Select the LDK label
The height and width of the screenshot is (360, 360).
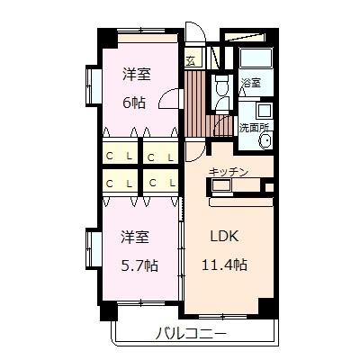click(225, 238)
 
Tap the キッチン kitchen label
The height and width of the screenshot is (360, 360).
click(229, 171)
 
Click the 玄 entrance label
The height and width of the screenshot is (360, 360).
click(192, 61)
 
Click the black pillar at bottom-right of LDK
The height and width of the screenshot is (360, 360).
click(266, 307)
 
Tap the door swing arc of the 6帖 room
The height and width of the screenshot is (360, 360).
click(169, 102)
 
